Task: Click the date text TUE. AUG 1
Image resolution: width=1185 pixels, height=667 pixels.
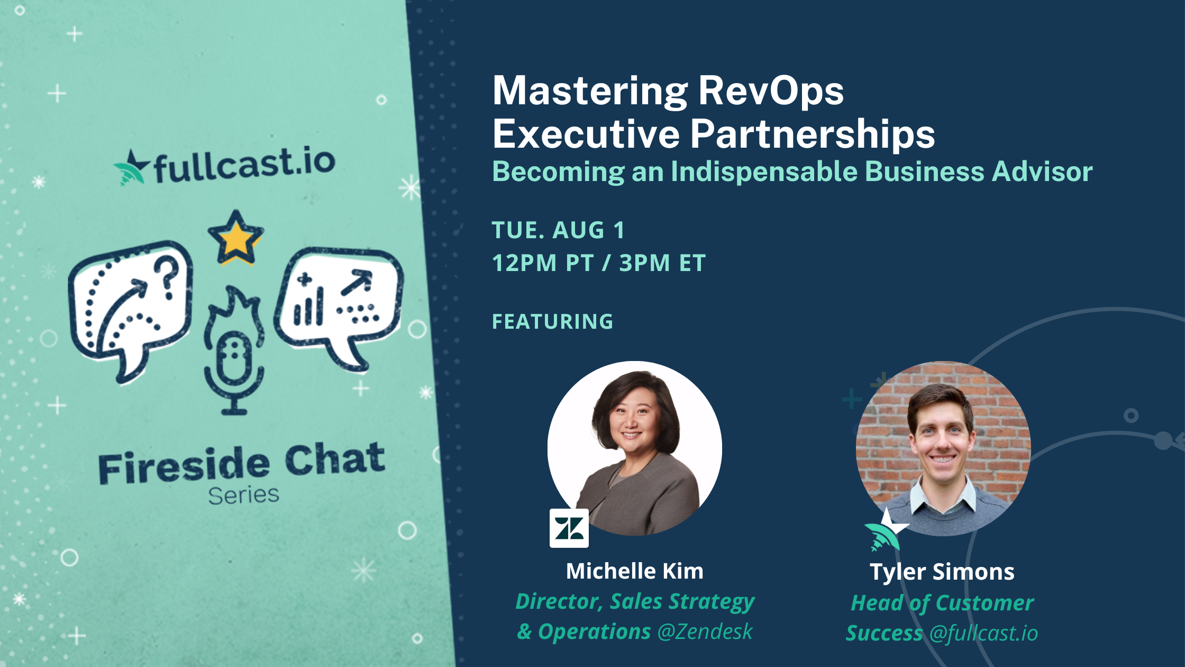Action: coord(558,230)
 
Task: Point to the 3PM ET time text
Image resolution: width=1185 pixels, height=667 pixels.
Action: coord(662,263)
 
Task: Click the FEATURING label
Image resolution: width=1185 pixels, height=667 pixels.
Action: coord(552,321)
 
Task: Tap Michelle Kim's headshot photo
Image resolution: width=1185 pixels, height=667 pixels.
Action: coord(635,448)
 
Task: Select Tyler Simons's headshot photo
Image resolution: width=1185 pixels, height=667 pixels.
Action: coord(943,448)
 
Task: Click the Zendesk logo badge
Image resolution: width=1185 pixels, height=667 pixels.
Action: coord(569,528)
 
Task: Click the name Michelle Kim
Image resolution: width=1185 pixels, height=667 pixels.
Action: coord(634,571)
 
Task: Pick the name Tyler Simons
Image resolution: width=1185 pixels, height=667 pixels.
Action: coord(942,572)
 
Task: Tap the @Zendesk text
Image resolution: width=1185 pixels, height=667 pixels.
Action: coord(705,632)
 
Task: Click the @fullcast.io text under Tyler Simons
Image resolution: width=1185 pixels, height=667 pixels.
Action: coord(983,633)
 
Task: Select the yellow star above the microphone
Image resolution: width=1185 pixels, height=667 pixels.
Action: coord(235,238)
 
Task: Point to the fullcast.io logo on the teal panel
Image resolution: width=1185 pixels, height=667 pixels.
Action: coord(225,165)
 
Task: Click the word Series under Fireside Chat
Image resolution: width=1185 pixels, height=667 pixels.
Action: coord(243,495)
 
